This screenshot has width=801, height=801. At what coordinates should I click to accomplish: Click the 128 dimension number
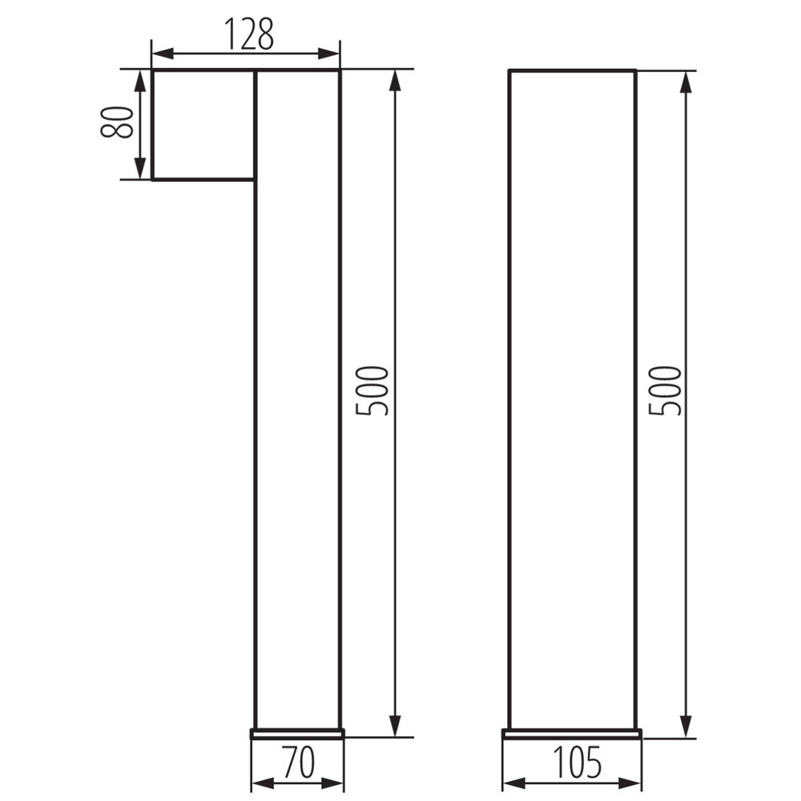(x=248, y=34)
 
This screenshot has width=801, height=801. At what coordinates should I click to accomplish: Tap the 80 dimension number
(x=118, y=123)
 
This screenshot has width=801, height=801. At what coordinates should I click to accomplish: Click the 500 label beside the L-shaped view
(x=373, y=390)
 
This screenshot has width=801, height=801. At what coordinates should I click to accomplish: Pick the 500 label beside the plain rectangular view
(x=666, y=390)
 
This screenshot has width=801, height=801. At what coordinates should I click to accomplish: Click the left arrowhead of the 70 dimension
(x=261, y=783)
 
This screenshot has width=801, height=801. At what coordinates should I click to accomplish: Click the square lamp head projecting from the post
(x=203, y=125)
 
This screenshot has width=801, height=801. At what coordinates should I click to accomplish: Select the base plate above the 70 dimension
(x=297, y=733)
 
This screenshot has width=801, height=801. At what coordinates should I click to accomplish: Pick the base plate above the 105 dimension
(x=572, y=733)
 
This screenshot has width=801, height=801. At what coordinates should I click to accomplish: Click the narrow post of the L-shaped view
(x=297, y=441)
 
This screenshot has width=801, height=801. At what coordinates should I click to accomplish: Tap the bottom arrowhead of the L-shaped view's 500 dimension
(x=395, y=727)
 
